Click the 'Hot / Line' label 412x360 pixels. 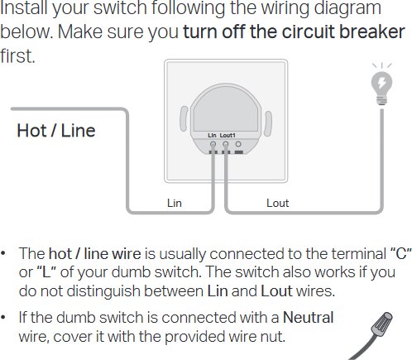(x=56, y=131)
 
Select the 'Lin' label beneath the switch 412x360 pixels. (x=175, y=203)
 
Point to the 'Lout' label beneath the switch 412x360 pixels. (x=277, y=203)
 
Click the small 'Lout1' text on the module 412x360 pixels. (x=228, y=135)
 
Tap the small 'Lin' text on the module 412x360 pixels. (x=212, y=135)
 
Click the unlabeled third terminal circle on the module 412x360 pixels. (x=238, y=144)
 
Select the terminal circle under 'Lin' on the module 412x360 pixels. (x=213, y=144)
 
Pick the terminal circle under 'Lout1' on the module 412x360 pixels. (x=226, y=144)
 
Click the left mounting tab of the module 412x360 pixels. (x=184, y=118)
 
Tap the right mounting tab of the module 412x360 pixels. (x=268, y=123)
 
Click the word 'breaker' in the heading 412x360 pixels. (x=371, y=31)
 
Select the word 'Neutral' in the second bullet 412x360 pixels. (x=309, y=317)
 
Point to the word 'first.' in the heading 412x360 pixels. (x=17, y=56)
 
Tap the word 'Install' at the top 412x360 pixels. (x=24, y=7)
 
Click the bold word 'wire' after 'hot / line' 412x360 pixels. (x=127, y=254)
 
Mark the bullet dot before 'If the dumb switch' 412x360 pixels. (x=3, y=317)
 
